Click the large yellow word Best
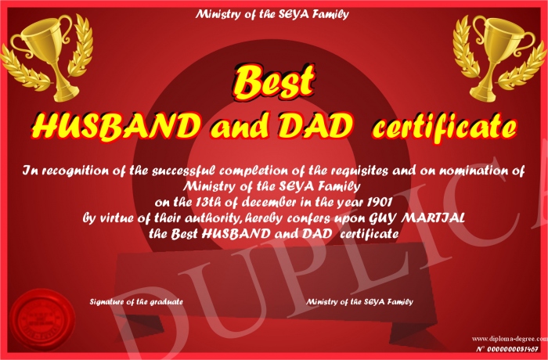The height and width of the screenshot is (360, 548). point(273,82)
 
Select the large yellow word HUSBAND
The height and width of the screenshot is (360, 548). point(117,126)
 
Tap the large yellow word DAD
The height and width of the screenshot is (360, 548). point(315,125)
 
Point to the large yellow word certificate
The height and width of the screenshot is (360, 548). point(443,126)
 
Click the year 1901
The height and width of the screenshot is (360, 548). point(380,203)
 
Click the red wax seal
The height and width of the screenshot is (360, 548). point(42,320)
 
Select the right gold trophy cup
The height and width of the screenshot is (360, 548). point(499,58)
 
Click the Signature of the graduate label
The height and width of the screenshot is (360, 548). point(136,301)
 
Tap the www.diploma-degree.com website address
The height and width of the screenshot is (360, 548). point(510,338)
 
